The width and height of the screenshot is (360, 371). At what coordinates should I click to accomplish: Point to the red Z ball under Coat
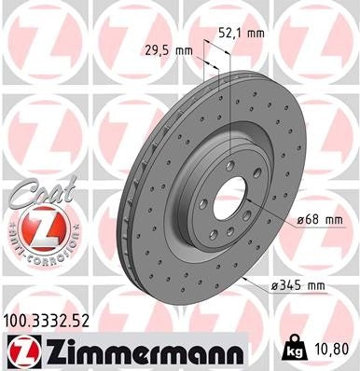pyautogui.click(x=35, y=227)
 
